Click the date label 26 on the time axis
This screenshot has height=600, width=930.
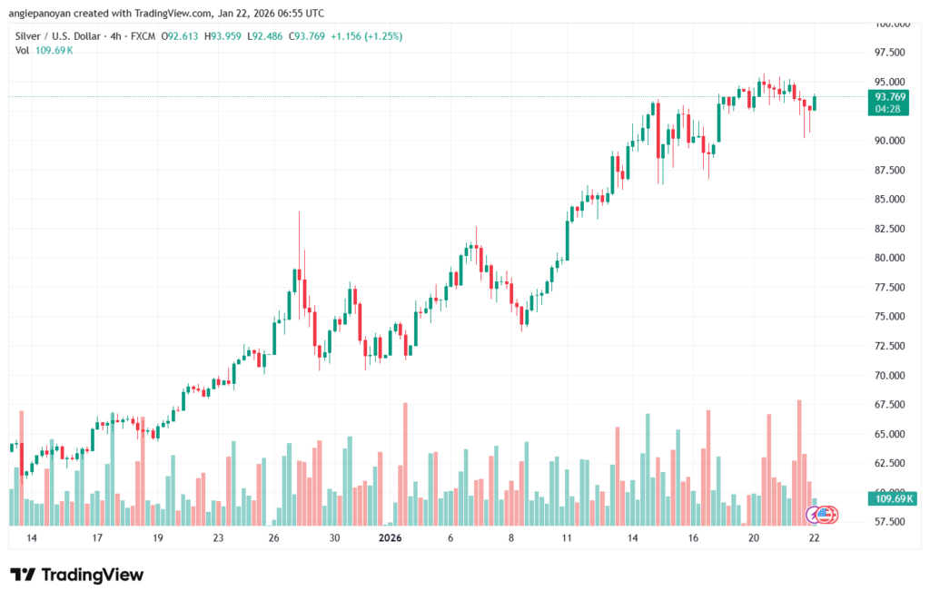[x=274, y=537]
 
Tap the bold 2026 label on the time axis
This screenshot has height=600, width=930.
[x=390, y=537]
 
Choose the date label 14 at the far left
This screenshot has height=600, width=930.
[x=32, y=537]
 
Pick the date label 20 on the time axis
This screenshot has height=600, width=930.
[x=754, y=537]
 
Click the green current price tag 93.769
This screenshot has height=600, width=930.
[x=890, y=96]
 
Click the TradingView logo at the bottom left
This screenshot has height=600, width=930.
[x=76, y=575]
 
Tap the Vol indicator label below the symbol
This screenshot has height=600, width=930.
[x=23, y=50]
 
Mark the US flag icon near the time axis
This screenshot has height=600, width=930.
[x=824, y=515]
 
